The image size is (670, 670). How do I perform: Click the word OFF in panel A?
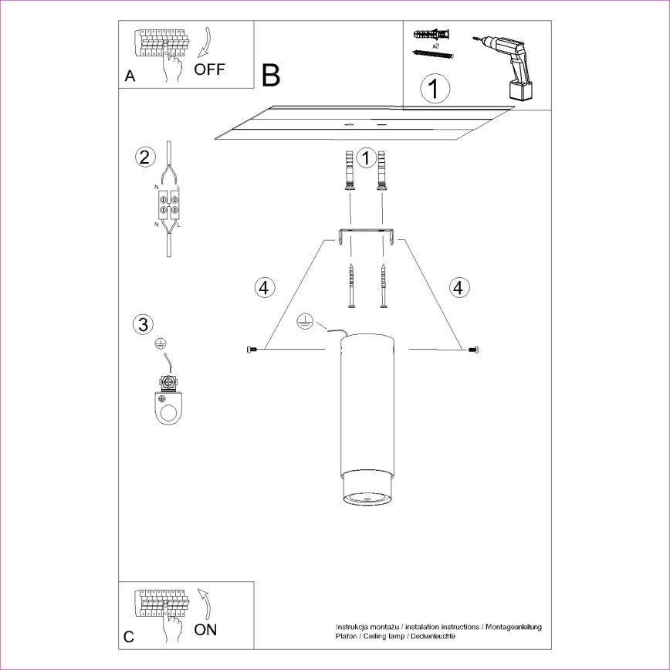[x=209, y=69]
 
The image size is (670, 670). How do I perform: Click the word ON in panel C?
[x=205, y=630]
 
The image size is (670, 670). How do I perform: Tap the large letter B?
[x=270, y=76]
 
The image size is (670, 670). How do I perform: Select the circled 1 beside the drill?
[x=435, y=88]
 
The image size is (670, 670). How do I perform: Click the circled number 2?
[x=143, y=157]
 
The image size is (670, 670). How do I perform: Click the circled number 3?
[x=143, y=325]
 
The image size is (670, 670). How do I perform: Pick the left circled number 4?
[x=264, y=288]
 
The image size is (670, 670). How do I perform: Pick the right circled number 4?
[x=459, y=288]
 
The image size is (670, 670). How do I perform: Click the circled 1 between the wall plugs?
[x=367, y=158]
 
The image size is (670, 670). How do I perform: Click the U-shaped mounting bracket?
[x=367, y=235]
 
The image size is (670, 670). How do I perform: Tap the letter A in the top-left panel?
[x=130, y=76]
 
